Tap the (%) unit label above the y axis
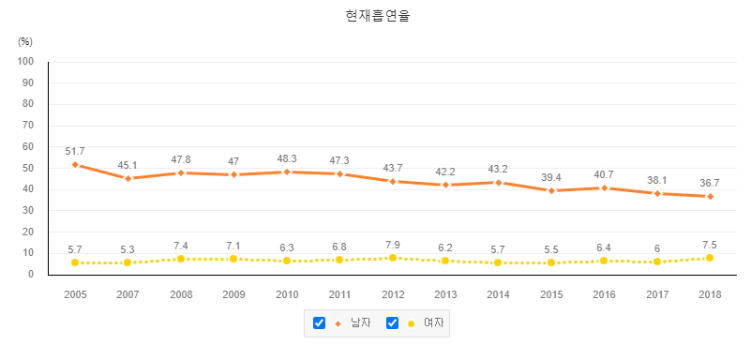(25, 41)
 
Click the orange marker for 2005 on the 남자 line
(75, 165)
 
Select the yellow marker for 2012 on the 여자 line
(393, 258)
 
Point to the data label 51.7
(75, 151)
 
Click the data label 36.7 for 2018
(710, 183)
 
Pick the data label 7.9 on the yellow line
(393, 245)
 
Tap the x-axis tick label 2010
(287, 294)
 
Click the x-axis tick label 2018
(710, 294)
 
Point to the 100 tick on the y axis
(25, 62)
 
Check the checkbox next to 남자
(319, 323)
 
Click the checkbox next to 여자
(393, 323)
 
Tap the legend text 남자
(360, 323)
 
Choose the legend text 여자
(433, 323)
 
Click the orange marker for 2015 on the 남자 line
(551, 190)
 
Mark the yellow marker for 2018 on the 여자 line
(710, 258)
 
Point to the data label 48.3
(287, 158)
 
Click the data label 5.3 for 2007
(128, 250)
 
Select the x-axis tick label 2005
(75, 294)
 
